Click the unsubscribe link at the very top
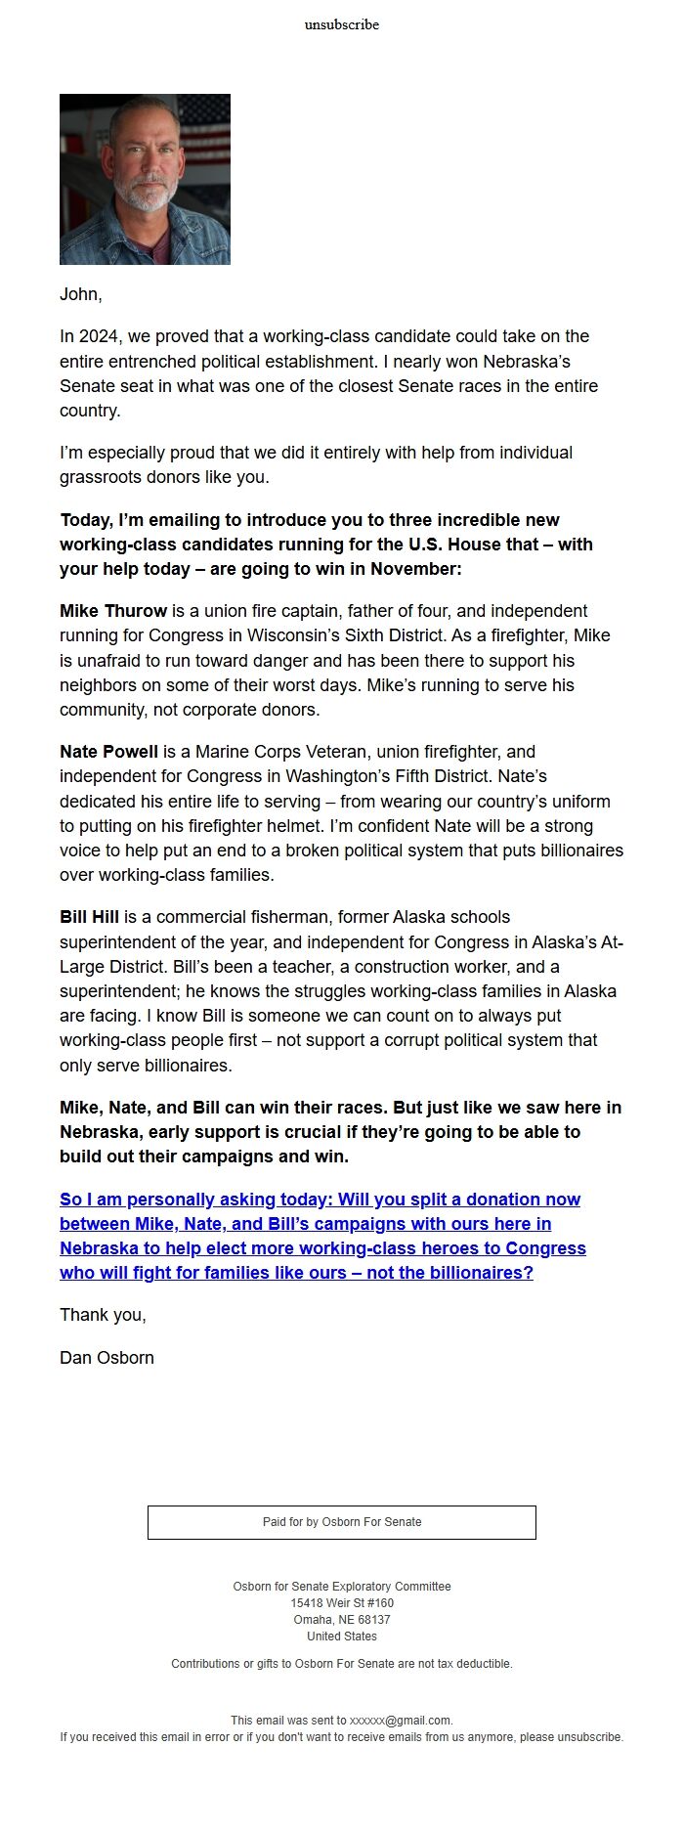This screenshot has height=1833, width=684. coord(341,24)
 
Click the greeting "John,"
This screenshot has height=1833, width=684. coord(81,294)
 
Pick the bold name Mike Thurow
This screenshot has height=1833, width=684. coord(113,611)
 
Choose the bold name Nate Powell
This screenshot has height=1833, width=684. coord(108,752)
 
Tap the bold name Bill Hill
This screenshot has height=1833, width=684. coord(89,917)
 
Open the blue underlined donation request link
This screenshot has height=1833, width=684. coord(322,1236)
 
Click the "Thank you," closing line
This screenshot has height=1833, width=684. coord(103,1315)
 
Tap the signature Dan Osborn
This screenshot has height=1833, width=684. coord(107,1358)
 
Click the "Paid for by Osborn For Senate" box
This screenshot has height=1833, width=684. coord(342,1522)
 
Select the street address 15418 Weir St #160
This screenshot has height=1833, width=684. coord(342,1603)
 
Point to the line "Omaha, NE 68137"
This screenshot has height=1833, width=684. coord(342,1620)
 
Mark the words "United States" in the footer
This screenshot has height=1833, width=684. coord(342,1637)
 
